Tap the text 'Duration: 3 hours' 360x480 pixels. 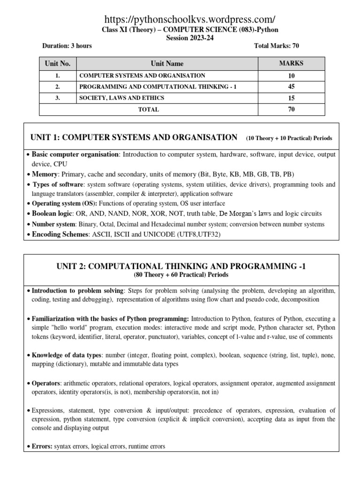[67, 46]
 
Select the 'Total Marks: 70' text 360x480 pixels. [276, 46]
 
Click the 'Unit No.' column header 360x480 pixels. [57, 63]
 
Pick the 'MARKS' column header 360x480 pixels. [291, 63]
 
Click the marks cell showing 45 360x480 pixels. [291, 87]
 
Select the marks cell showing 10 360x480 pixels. [291, 75]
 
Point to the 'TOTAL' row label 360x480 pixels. [148, 109]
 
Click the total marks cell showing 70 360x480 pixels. [291, 109]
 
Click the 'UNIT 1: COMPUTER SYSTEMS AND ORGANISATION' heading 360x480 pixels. [134, 137]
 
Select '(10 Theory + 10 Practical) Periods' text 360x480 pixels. [289, 138]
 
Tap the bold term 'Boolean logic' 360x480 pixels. [52, 213]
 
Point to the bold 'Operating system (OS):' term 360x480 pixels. [64, 203]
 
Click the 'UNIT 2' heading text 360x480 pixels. [180, 266]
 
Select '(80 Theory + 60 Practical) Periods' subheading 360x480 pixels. [180, 275]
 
